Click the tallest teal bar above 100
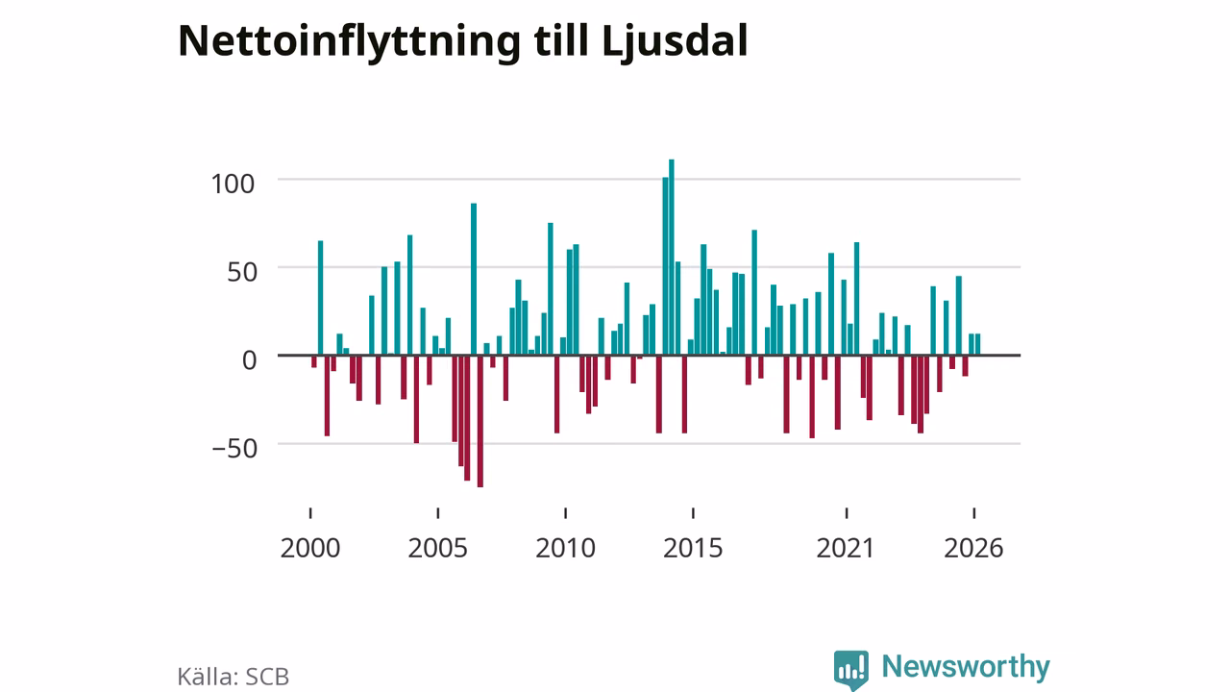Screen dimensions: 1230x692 672,257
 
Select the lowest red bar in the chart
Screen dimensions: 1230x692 480,421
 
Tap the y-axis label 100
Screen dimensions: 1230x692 233,185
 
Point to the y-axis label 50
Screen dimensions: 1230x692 241,272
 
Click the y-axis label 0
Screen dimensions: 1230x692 249,360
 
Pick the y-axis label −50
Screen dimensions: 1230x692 235,449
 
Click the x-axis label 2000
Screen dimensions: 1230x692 310,548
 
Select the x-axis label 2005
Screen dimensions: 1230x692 437,548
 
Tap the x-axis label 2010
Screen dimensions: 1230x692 566,548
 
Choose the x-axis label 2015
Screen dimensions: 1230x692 693,548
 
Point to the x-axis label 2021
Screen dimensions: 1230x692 845,548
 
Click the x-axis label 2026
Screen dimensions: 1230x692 973,548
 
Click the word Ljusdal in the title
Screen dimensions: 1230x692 675,42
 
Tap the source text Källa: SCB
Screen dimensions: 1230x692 233,676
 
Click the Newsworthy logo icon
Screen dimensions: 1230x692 851,670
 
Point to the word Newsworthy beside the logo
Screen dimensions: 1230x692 966,667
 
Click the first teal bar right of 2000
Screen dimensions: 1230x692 321,298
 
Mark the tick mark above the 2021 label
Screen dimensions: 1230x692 847,513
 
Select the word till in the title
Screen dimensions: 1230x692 561,40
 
